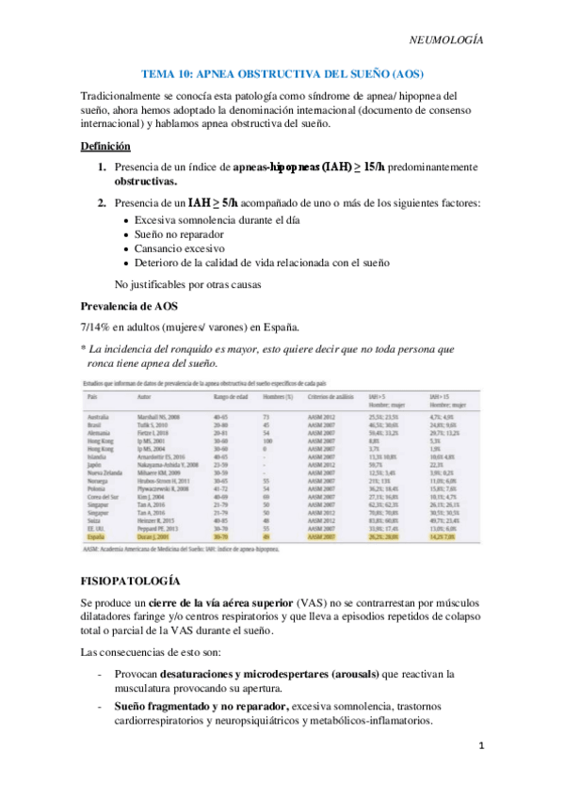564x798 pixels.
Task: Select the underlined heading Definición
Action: click(105, 146)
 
